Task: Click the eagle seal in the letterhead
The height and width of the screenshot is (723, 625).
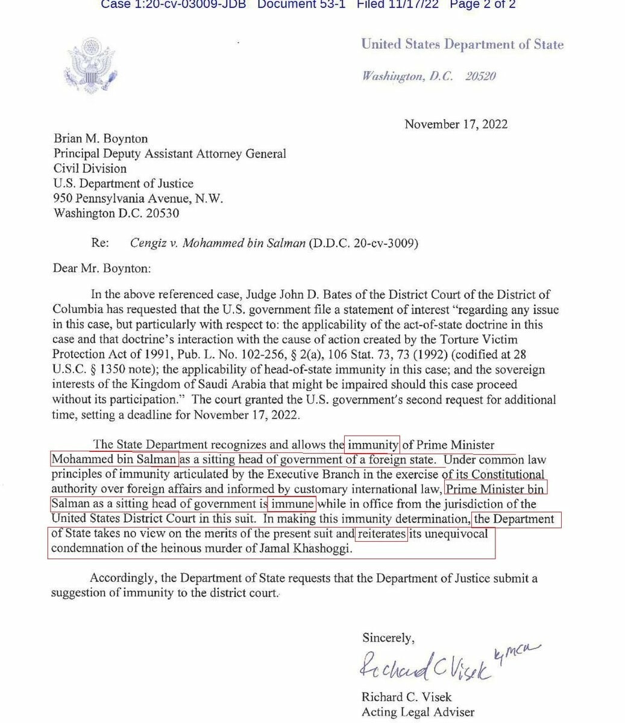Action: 90,63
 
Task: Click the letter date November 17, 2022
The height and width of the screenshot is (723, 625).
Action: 456,124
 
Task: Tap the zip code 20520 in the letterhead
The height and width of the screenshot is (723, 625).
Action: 480,77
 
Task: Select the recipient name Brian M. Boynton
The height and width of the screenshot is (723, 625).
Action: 101,139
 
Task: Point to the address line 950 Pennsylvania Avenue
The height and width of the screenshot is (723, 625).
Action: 139,198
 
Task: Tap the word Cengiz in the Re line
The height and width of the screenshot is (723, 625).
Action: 149,243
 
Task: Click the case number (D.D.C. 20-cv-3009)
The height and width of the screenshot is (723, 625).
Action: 363,243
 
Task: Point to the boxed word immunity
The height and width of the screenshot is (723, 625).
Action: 372,445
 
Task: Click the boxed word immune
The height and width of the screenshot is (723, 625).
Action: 292,504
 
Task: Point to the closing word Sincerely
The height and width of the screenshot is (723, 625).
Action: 388,637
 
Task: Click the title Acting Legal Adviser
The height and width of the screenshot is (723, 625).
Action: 418,712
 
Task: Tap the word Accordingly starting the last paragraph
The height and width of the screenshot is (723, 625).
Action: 124,578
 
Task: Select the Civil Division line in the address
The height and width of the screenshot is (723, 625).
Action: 90,169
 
